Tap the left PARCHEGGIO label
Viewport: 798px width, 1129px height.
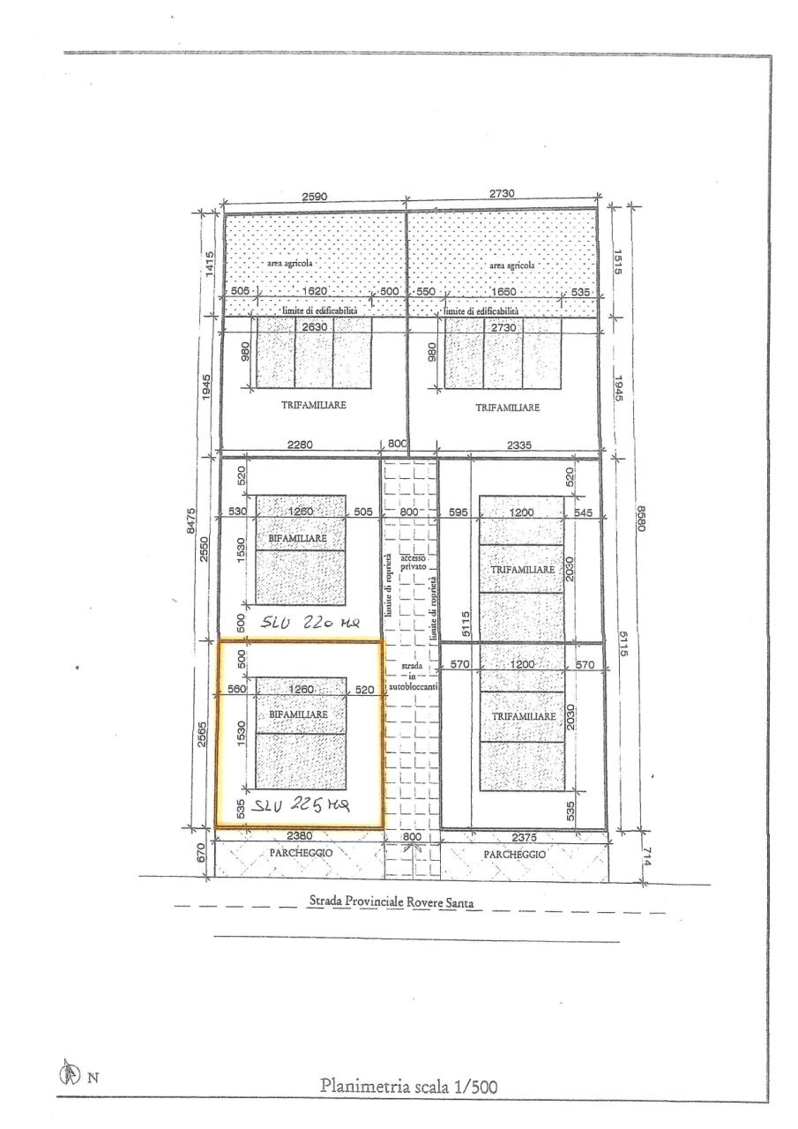click(301, 854)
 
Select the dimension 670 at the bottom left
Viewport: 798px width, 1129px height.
click(201, 853)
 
